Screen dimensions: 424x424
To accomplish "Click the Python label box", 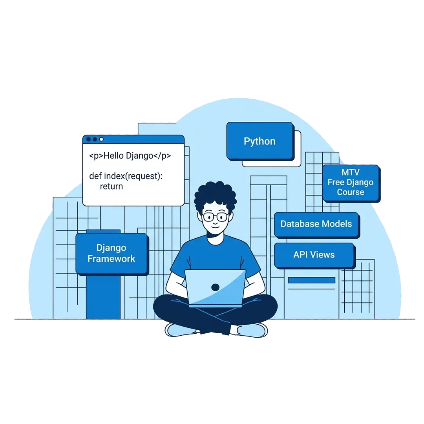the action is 260,141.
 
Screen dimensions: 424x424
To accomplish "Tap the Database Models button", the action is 316,224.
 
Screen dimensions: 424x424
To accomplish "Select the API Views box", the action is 314,255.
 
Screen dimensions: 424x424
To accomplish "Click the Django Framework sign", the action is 111,253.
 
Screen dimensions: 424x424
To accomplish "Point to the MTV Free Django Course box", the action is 351,183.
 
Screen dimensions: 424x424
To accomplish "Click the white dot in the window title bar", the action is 101,139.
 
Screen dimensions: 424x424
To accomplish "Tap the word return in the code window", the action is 111,186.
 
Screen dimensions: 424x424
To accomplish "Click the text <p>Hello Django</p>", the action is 130,156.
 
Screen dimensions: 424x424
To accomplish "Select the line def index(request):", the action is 126,176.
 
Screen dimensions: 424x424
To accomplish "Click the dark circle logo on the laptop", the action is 215,287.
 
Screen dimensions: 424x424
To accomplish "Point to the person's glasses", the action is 215,217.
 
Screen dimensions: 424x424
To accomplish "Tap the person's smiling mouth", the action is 215,227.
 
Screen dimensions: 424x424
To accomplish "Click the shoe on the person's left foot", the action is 252,330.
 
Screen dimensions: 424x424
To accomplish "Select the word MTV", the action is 351,172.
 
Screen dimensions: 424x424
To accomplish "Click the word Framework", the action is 111,259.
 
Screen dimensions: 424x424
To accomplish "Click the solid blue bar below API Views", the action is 311,280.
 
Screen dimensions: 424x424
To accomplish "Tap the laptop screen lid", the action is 215,287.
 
